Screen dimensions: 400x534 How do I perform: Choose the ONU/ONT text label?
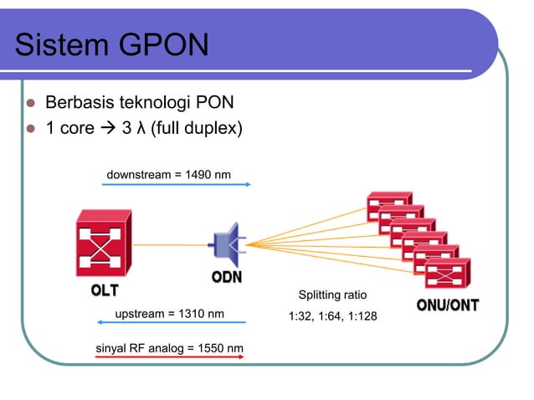point(448,305)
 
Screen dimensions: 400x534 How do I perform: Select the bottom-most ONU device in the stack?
point(449,274)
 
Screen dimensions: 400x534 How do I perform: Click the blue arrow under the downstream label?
point(168,184)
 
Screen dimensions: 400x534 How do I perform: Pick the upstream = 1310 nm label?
point(169,314)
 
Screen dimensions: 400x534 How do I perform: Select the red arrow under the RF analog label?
point(168,357)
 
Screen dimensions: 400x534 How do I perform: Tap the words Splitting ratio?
point(333,295)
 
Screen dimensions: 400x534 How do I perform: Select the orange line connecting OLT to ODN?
point(172,244)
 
